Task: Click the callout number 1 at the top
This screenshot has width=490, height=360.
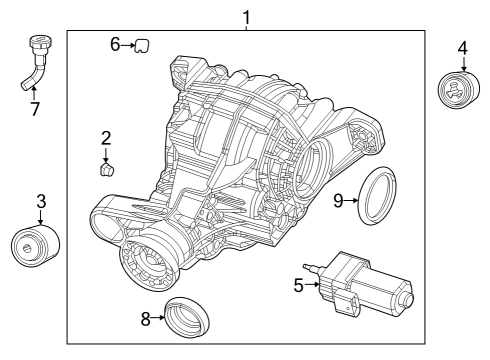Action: [x=246, y=17]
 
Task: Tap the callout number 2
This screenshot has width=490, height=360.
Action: [x=105, y=138]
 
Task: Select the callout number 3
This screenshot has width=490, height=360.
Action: [x=40, y=201]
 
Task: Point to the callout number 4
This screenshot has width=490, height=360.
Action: [x=461, y=47]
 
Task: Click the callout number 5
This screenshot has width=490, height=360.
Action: [x=298, y=284]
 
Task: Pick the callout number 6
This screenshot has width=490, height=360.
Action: [x=115, y=45]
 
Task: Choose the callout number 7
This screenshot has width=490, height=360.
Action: [x=35, y=109]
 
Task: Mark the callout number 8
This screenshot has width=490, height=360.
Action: [x=145, y=319]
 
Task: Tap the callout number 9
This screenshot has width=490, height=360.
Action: [x=339, y=200]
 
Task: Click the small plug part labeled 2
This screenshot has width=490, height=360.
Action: [x=106, y=169]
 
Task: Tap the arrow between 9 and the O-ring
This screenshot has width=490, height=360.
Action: [x=352, y=200]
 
